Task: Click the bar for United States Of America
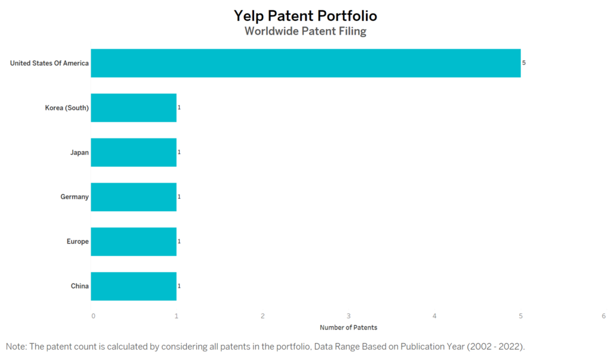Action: coord(306,63)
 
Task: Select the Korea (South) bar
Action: coord(134,107)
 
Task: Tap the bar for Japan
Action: coord(134,152)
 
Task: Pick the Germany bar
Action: coord(134,197)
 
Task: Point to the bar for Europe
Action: coord(134,242)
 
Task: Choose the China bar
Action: coord(134,287)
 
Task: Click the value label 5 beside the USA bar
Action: coord(524,63)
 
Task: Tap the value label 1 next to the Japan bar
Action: coord(179,152)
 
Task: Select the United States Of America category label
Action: coord(50,63)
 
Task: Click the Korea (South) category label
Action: coord(67,108)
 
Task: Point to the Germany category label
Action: coord(75,197)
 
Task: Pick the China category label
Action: coord(80,287)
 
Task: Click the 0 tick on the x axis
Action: coord(93,316)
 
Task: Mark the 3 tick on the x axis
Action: coord(348,316)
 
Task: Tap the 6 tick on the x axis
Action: coord(604,316)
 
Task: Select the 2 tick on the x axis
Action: coord(263,316)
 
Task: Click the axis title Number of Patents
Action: coord(348,328)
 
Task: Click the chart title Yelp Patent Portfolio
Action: coord(305,16)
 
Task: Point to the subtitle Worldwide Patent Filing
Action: coord(305,31)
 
